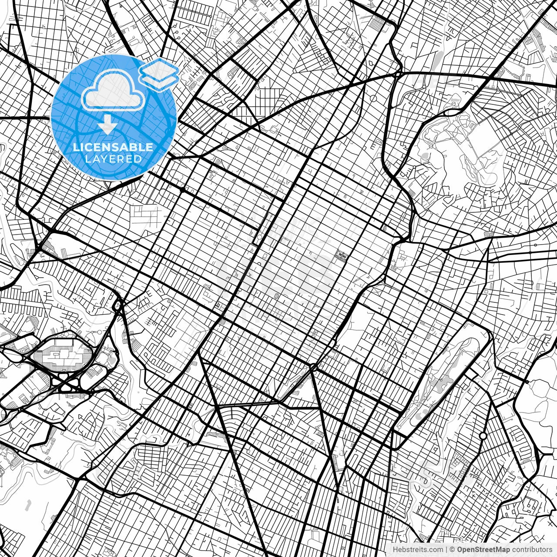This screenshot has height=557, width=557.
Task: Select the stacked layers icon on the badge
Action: pyautogui.click(x=159, y=74)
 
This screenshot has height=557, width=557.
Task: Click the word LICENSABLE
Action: pyautogui.click(x=113, y=148)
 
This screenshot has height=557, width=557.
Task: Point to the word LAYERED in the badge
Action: pyautogui.click(x=113, y=159)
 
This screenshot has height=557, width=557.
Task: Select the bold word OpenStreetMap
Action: pyautogui.click(x=483, y=550)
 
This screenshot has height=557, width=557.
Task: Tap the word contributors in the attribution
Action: pyautogui.click(x=531, y=550)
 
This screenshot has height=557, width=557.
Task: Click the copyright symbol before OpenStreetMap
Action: pyautogui.click(x=452, y=550)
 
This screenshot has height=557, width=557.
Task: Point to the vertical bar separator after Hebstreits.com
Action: pyautogui.click(x=446, y=550)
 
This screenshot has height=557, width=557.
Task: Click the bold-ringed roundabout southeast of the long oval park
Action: pyautogui.click(x=483, y=436)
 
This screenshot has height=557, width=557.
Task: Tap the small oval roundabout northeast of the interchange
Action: pyautogui.click(x=117, y=305)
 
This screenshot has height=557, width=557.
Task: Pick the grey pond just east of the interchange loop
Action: pyautogui.click(x=113, y=359)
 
